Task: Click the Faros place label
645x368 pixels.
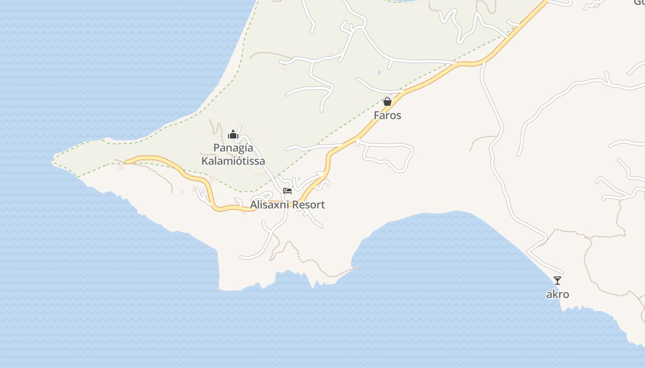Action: [x=387, y=115]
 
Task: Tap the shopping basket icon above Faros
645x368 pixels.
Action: [x=387, y=102]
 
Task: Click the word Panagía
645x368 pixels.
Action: [x=233, y=148]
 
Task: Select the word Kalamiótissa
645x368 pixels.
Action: [x=233, y=161]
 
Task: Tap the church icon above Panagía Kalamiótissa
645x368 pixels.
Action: [x=233, y=134]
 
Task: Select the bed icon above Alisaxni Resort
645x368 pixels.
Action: [x=288, y=190]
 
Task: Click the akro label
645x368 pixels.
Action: [x=557, y=294]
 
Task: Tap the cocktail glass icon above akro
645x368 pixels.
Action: [x=557, y=280]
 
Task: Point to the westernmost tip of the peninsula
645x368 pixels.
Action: [x=53, y=161]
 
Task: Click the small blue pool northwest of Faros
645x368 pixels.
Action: [x=379, y=72]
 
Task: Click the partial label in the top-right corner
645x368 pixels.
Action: [x=638, y=2]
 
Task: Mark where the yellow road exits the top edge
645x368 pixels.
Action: [x=547, y=1]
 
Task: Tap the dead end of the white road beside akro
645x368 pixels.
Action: [x=562, y=273]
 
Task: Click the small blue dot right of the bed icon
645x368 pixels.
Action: [x=299, y=179]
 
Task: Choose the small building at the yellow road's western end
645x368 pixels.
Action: [x=121, y=167]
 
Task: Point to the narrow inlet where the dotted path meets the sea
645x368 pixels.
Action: [x=355, y=267]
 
